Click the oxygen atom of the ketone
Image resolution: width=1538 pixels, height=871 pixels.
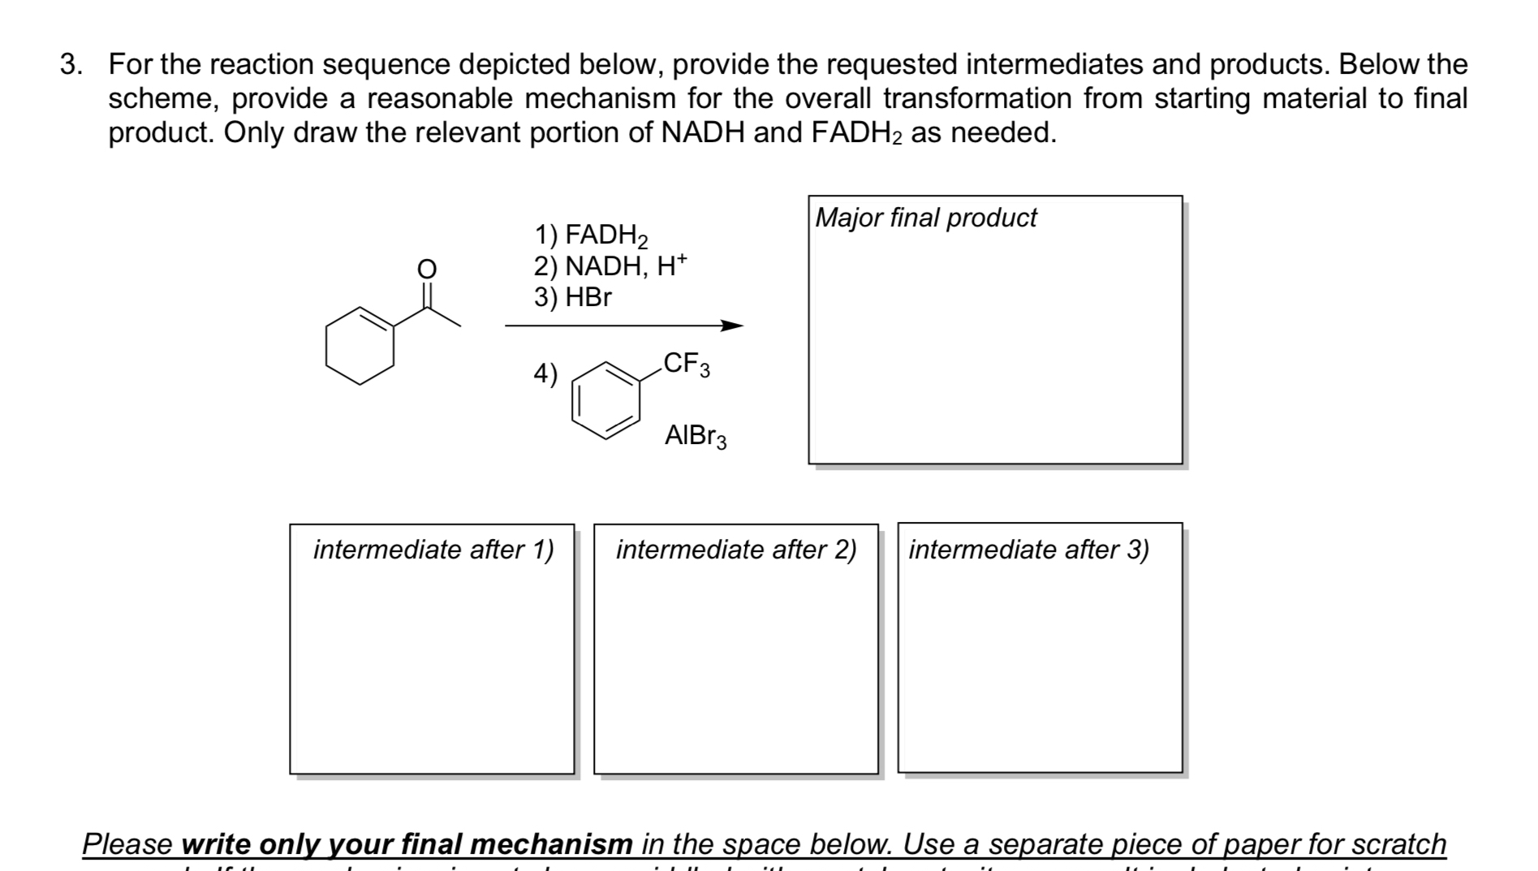426,268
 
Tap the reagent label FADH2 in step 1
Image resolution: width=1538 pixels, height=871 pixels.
605,235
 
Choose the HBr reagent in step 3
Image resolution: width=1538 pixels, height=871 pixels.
588,297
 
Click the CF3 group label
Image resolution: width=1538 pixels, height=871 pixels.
686,364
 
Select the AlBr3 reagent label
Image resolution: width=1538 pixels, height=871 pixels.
696,436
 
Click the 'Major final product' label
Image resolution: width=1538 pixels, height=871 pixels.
926,218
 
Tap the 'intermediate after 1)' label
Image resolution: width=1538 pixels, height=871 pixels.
433,550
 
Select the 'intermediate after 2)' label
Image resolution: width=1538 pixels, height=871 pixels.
736,550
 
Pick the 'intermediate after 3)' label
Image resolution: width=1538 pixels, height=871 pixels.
1028,550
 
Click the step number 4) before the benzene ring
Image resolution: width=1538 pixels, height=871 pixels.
545,373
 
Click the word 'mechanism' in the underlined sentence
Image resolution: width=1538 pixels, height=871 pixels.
551,844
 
